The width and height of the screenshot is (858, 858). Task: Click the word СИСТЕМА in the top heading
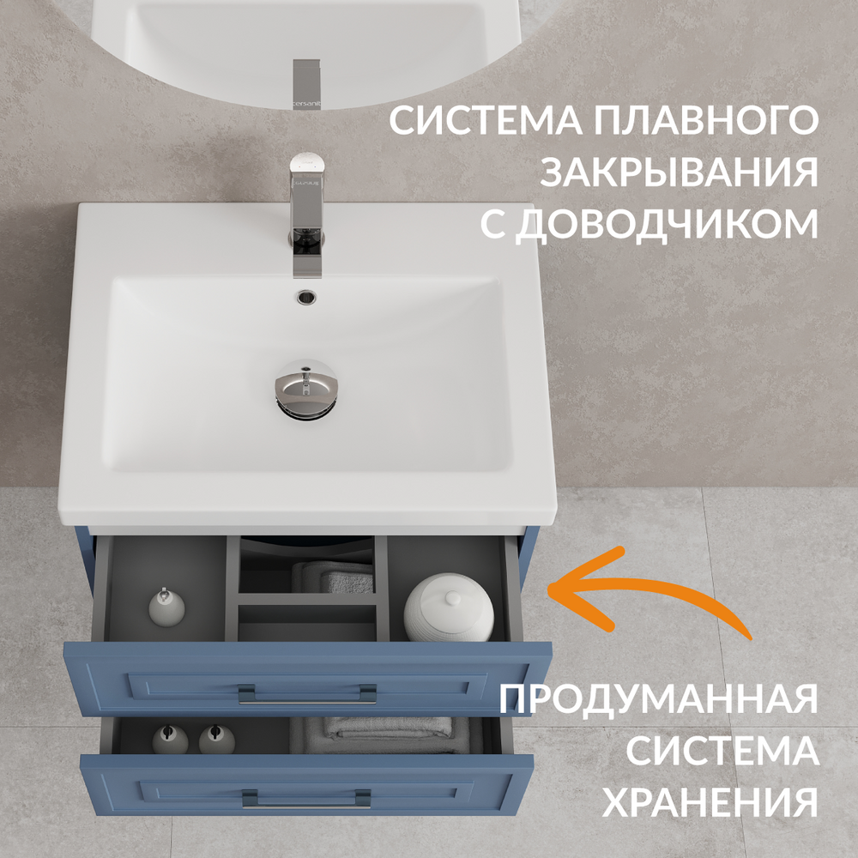tap(486, 120)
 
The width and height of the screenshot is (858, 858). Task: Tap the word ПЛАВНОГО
tap(706, 120)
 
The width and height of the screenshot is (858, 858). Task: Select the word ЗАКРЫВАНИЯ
tap(679, 172)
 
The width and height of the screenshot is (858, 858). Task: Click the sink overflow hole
tap(306, 297)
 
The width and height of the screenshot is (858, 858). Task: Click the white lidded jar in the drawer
tap(449, 607)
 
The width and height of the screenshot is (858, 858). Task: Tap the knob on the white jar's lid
tap(452, 598)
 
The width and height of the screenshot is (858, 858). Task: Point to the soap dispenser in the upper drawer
tap(166, 607)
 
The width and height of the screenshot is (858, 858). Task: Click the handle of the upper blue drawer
tap(307, 696)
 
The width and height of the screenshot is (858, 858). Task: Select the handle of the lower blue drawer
tap(306, 800)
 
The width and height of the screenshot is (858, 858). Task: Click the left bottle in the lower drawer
tap(170, 740)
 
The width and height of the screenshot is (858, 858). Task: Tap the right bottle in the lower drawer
tap(217, 740)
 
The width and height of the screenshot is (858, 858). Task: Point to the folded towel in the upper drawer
tap(333, 577)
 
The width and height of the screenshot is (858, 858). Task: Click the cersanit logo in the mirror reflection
tap(307, 104)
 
